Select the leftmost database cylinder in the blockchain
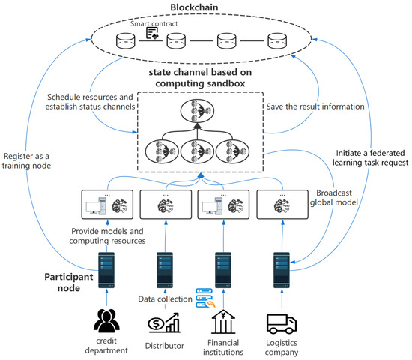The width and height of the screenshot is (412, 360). pos(125,39)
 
